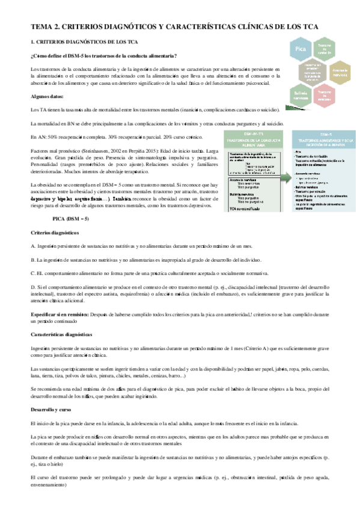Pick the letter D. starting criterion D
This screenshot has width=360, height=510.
click(33, 288)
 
